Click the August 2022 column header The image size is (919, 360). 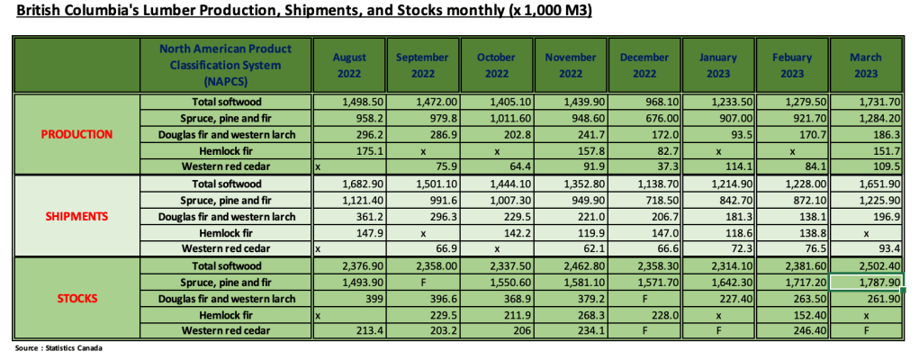[x=350, y=65]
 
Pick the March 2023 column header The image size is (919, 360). [x=866, y=65]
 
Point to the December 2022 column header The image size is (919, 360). [x=644, y=65]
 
